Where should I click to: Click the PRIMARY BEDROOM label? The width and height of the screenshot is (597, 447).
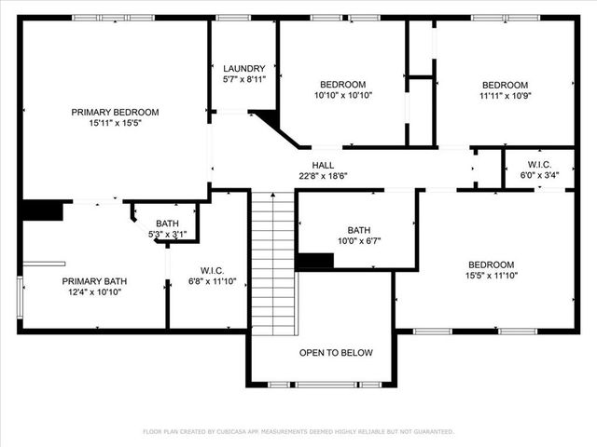click(x=115, y=112)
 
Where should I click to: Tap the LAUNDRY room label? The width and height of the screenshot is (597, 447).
click(x=243, y=69)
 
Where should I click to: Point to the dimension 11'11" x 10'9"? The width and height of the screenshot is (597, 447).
click(x=504, y=96)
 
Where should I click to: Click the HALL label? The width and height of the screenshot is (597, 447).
click(x=323, y=164)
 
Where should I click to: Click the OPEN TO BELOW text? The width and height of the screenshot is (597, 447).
click(x=335, y=353)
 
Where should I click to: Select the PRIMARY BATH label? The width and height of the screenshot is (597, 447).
click(x=94, y=280)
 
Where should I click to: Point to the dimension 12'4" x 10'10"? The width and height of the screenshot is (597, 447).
click(x=94, y=291)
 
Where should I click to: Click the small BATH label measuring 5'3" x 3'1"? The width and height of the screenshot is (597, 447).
click(x=167, y=223)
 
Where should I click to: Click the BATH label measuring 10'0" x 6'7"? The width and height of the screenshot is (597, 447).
click(x=358, y=230)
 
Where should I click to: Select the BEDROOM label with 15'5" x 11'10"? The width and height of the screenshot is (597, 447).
click(x=491, y=264)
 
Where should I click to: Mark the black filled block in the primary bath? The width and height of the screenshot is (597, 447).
click(x=41, y=210)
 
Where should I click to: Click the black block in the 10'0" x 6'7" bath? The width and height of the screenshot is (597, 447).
click(x=314, y=261)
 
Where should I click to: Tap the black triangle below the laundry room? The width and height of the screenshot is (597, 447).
click(x=268, y=118)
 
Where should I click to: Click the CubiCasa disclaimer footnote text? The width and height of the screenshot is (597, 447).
click(x=298, y=432)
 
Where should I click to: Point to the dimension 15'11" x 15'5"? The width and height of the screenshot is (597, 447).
click(x=115, y=123)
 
